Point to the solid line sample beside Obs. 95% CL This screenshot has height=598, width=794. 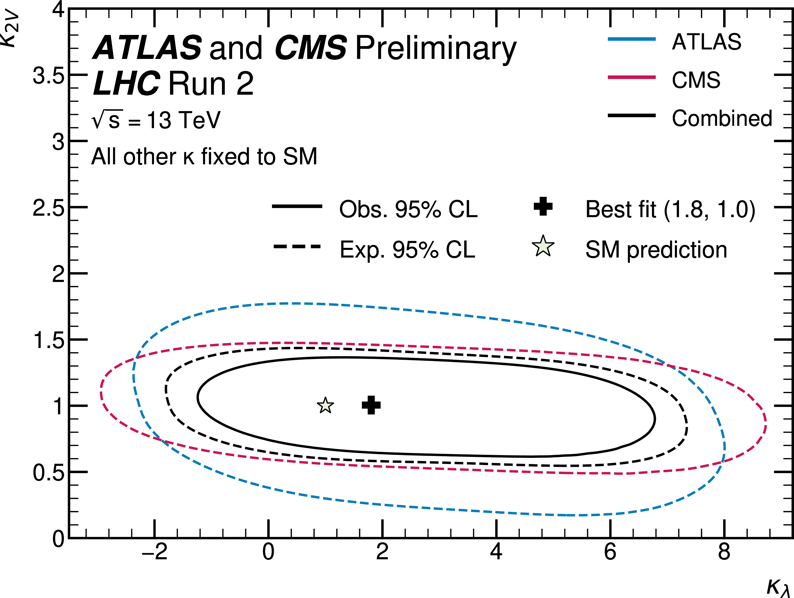[x=297, y=206]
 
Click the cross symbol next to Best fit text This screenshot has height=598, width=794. [x=543, y=206]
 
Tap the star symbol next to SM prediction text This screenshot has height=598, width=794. [x=543, y=247]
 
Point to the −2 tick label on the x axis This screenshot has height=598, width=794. [x=155, y=552]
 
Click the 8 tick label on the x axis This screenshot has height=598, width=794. [x=724, y=552]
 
